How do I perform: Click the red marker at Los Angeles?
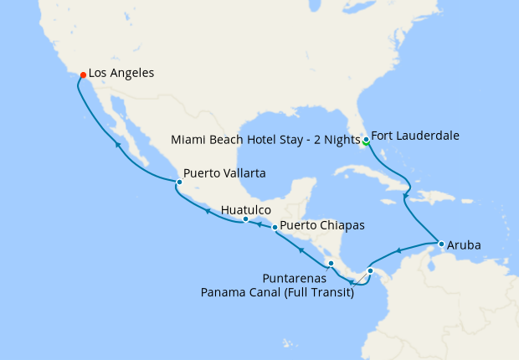[83, 75]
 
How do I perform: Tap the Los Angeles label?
[121, 74]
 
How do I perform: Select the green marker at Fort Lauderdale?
[366, 141]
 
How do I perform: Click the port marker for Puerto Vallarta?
[179, 182]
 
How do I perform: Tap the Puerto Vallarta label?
[224, 173]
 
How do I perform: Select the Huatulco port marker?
[245, 219]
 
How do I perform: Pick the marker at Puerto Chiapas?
[275, 227]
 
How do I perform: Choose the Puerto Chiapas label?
[321, 225]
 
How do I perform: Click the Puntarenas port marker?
[331, 264]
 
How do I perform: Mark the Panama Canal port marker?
[370, 270]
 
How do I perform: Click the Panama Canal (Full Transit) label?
[277, 292]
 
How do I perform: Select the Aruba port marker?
[441, 244]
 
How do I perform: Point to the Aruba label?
[464, 245]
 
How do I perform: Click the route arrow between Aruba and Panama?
[399, 249]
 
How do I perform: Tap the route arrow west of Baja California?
[117, 145]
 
